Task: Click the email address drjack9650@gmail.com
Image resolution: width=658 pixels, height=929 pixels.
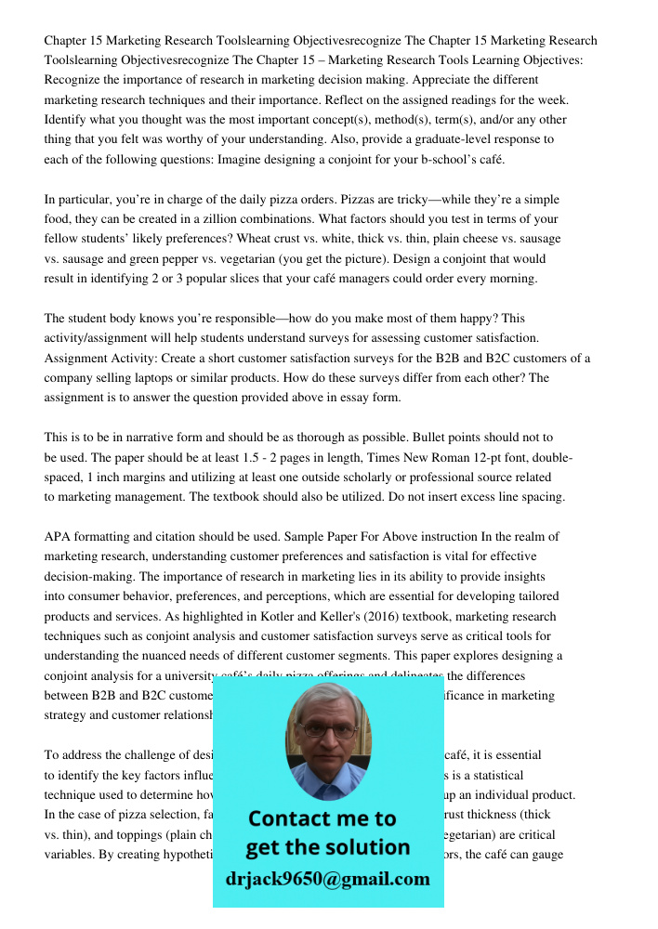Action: tap(327, 879)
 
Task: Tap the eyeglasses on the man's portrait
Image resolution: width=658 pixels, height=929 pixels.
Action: tap(327, 729)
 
